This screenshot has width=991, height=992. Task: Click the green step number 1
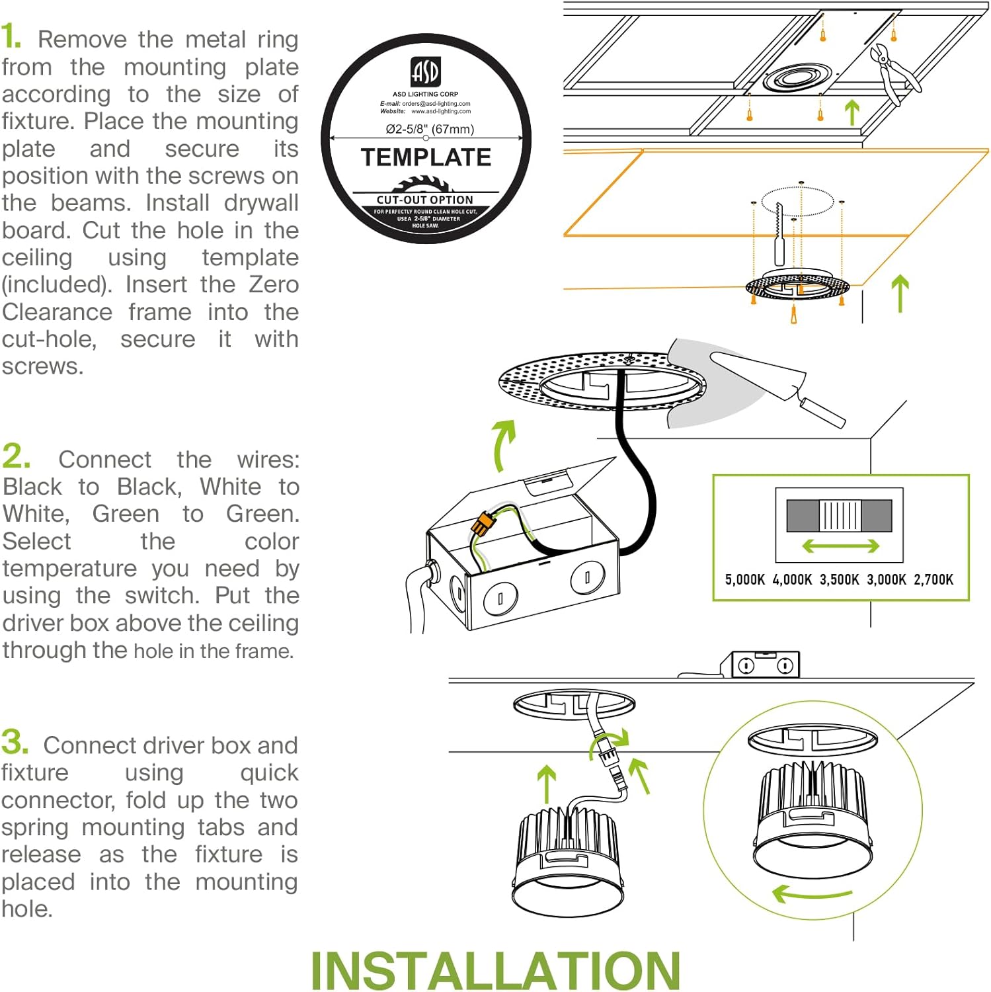pyautogui.click(x=11, y=37)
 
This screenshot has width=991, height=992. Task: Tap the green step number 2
pyautogui.click(x=16, y=456)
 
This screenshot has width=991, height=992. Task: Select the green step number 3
pyautogui.click(x=15, y=742)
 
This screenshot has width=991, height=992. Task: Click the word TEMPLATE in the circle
pyautogui.click(x=426, y=157)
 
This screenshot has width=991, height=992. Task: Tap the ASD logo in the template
pyautogui.click(x=425, y=72)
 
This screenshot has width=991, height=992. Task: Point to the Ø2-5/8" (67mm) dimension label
pyautogui.click(x=430, y=129)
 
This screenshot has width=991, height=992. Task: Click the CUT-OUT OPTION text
pyautogui.click(x=425, y=200)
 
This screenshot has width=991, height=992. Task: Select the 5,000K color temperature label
pyautogui.click(x=744, y=580)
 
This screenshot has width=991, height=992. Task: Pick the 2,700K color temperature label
pyautogui.click(x=933, y=580)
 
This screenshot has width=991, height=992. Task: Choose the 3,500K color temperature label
pyautogui.click(x=839, y=580)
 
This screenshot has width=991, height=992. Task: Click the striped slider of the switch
pyautogui.click(x=840, y=515)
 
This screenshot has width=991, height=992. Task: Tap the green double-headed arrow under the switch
pyautogui.click(x=840, y=546)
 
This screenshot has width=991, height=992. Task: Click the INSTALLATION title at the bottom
pyautogui.click(x=495, y=970)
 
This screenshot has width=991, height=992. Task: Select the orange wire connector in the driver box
pyautogui.click(x=482, y=525)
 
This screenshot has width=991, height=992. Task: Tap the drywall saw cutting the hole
pyautogui.click(x=779, y=235)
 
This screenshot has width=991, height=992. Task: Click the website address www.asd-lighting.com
pyautogui.click(x=441, y=111)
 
